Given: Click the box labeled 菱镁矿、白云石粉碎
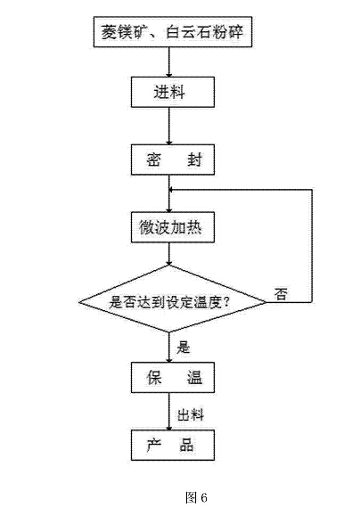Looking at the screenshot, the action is tap(173, 32).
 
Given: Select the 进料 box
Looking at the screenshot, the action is tap(173, 92).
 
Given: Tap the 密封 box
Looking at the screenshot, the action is tap(173, 160).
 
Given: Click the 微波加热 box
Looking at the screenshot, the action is tap(173, 227).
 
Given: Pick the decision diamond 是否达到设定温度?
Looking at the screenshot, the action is tap(172, 299).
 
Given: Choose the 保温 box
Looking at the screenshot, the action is tap(173, 378).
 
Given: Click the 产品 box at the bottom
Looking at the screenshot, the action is tap(173, 445).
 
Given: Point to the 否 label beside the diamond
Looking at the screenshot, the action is tap(281, 294).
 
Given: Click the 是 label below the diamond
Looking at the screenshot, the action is tap(183, 348).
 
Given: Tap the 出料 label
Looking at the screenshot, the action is tap(191, 414).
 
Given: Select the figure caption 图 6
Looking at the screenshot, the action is tap(196, 497).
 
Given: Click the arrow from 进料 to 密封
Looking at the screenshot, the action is tap(169, 126).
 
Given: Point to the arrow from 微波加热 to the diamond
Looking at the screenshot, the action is tap(169, 254).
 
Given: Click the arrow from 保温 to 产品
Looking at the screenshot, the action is tap(169, 412).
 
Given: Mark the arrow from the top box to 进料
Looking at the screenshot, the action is tap(169, 62).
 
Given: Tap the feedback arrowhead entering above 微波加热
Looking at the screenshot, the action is tap(171, 190).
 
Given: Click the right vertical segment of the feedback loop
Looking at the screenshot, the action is tap(312, 246).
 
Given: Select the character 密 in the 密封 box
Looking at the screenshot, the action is tap(153, 160).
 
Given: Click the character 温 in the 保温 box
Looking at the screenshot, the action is tap(194, 378).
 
